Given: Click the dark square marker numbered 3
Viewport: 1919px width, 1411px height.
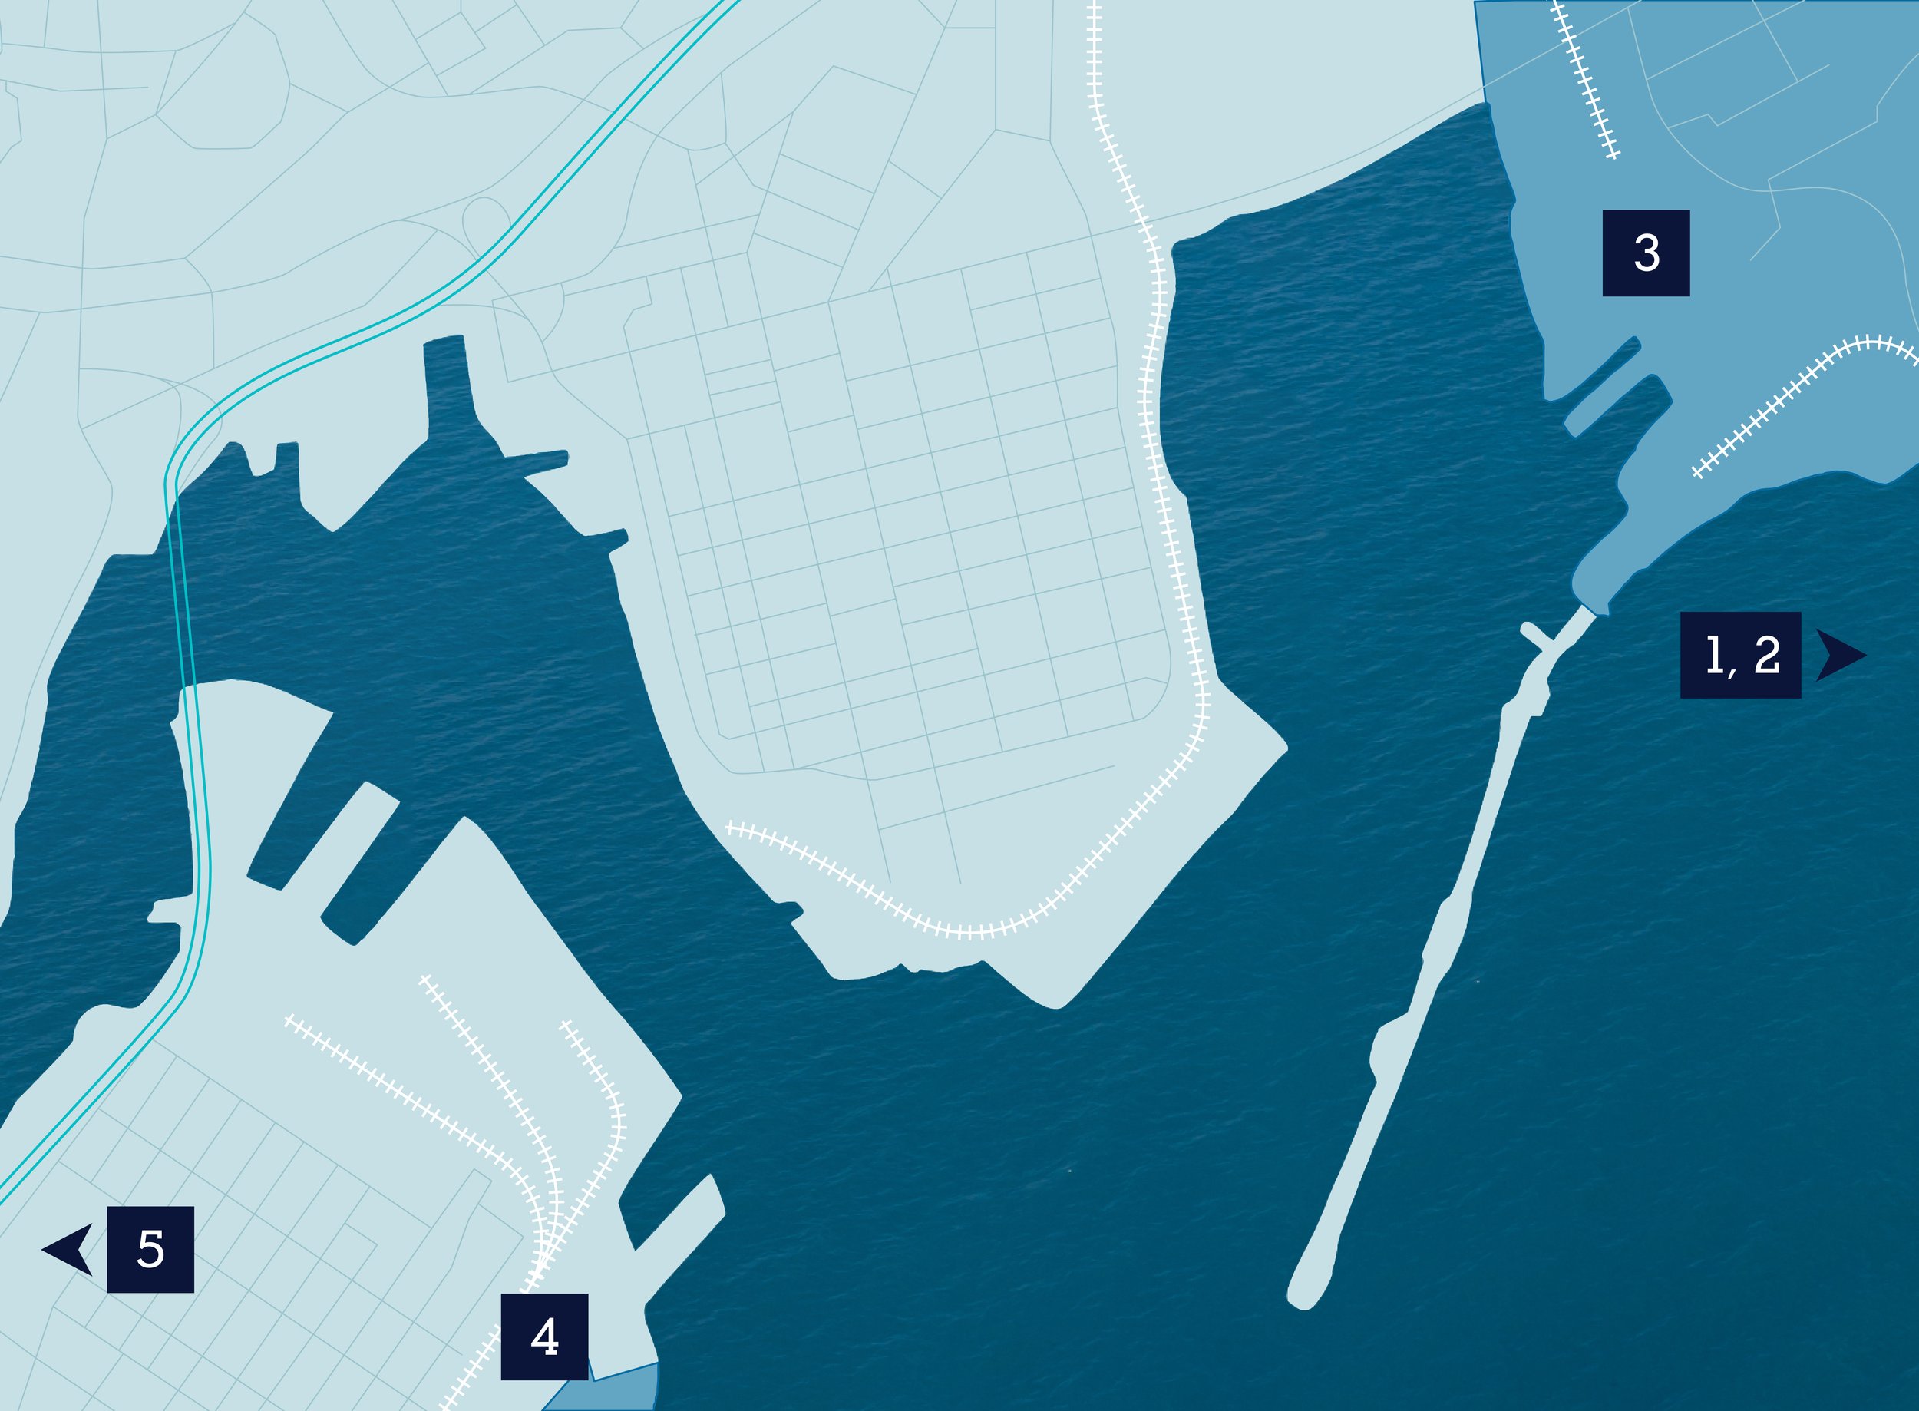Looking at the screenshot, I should coord(1646,253).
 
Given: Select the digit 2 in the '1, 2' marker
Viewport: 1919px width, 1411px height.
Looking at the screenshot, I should coord(1766,655).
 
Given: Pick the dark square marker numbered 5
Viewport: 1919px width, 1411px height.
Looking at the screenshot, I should coord(150,1249).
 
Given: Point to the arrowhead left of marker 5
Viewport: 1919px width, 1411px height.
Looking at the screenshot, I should coord(70,1249).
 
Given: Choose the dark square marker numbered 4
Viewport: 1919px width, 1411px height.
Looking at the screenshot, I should coord(544,1336).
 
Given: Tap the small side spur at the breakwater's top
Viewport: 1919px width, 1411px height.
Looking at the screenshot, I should coord(1533,635).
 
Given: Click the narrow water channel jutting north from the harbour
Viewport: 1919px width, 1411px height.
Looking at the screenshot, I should coord(448,376).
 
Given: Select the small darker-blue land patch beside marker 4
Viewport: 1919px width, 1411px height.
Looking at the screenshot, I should coord(615,1390).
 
